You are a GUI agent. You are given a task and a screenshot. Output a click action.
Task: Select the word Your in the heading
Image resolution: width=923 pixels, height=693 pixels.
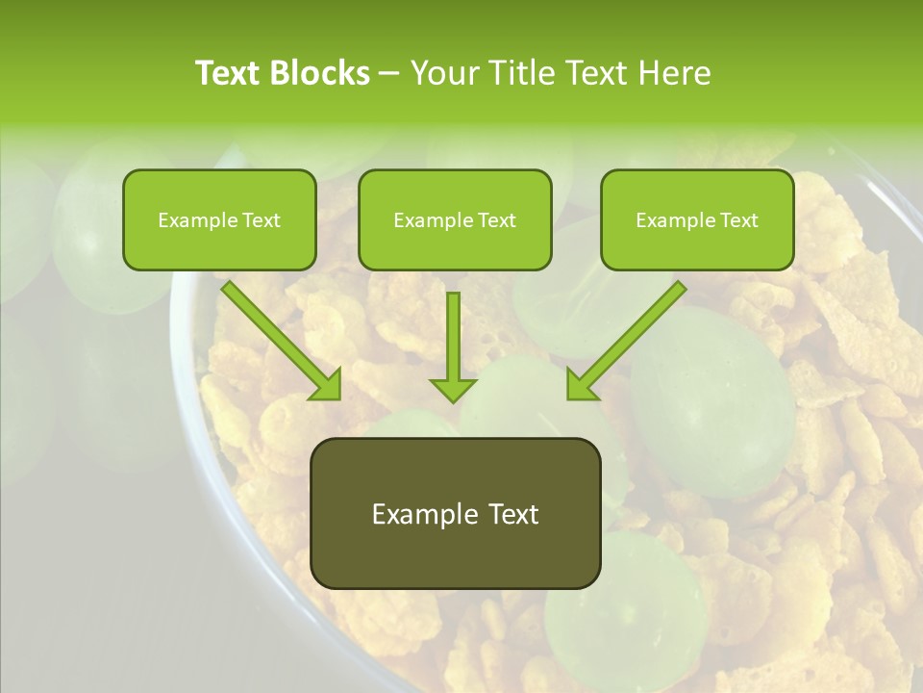pyautogui.click(x=441, y=73)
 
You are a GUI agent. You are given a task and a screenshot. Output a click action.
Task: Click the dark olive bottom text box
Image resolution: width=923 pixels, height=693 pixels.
pyautogui.click(x=455, y=549)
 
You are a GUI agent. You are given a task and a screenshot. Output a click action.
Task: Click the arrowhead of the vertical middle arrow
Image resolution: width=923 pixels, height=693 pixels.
pyautogui.click(x=454, y=390)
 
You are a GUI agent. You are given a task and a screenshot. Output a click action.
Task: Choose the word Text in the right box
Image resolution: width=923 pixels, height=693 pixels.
pyautogui.click(x=737, y=220)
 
